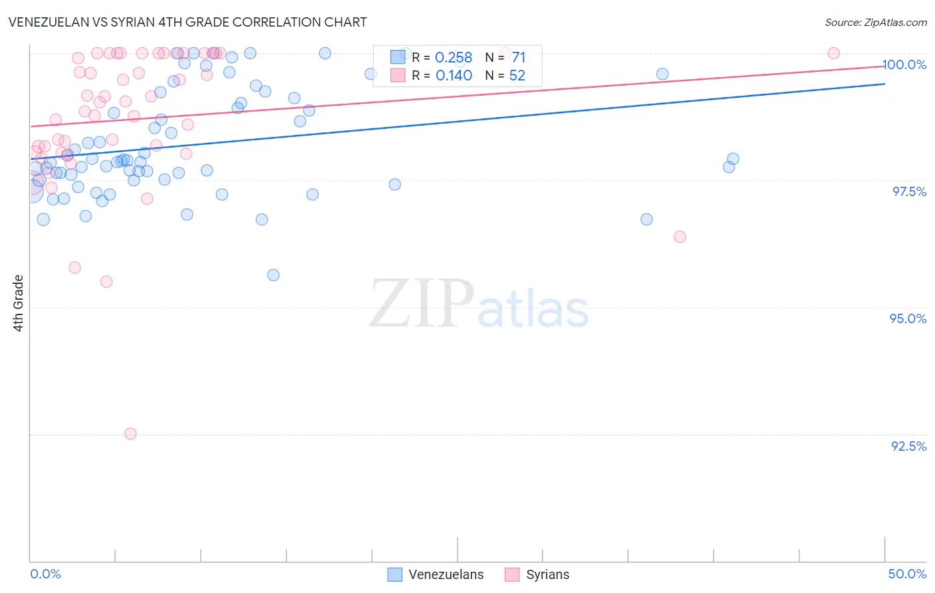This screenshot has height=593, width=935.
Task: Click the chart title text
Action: click(187, 22)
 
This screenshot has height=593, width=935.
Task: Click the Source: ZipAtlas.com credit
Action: click(875, 22)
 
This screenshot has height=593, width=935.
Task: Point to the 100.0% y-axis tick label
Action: click(904, 64)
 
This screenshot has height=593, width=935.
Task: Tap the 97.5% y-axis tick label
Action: click(908, 191)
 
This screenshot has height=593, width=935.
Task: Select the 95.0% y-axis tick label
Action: click(908, 318)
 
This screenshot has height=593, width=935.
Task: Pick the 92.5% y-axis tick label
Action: click(908, 446)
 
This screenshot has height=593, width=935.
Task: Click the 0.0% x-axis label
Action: click(45, 574)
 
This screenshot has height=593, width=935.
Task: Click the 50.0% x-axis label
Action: click(907, 574)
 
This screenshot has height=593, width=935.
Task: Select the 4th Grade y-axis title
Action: click(19, 302)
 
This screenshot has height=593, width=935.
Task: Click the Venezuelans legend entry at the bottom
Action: click(436, 574)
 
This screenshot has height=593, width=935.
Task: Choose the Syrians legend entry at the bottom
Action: click(537, 574)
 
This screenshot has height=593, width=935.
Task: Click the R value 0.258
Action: click(454, 58)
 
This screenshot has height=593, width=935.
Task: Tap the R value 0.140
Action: click(454, 76)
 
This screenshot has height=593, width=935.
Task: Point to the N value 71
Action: click(519, 58)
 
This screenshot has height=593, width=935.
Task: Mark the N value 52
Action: click(517, 76)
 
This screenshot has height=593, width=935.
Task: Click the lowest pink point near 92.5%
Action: click(130, 433)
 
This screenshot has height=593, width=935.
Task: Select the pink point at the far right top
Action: click(833, 53)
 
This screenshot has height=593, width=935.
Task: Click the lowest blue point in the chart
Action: click(273, 275)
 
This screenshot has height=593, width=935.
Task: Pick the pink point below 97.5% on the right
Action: click(680, 237)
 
